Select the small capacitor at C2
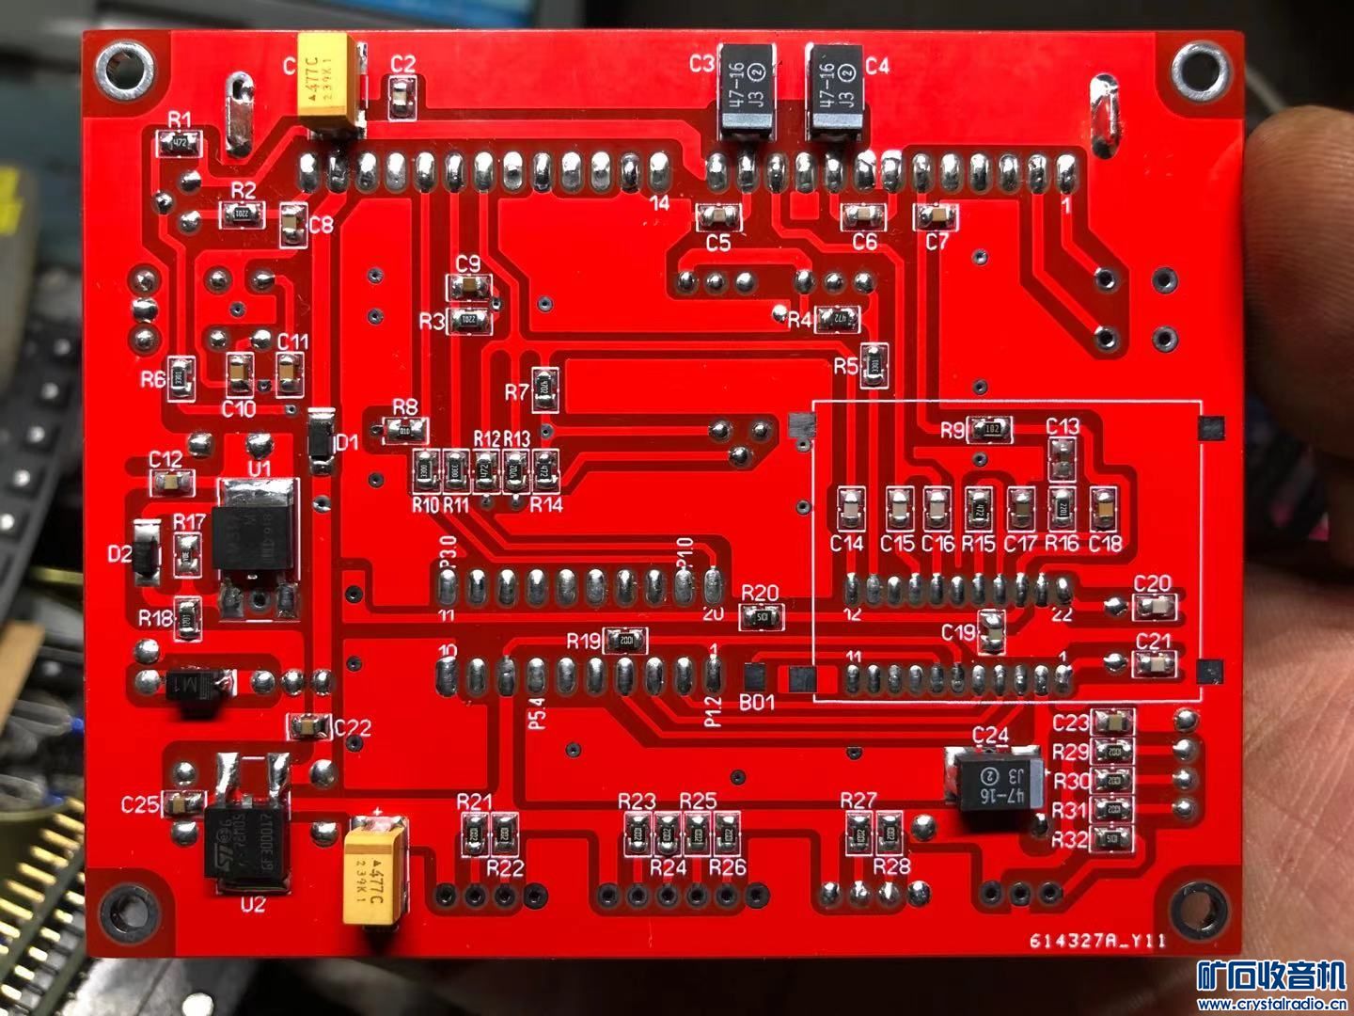coord(401,97)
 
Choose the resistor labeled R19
coord(624,642)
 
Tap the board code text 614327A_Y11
coord(1097,941)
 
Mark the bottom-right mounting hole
coord(1200,913)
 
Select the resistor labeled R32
coord(1112,838)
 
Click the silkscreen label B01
coord(757,702)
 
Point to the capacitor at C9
coord(467,286)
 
